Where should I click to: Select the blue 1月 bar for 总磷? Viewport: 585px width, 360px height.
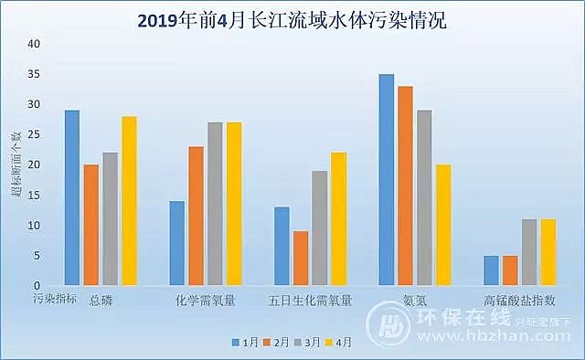(72, 197)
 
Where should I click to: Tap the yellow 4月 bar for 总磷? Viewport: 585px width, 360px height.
(129, 201)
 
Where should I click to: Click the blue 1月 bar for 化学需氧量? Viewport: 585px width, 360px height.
(177, 243)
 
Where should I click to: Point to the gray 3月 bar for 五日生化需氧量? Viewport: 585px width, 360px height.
(320, 228)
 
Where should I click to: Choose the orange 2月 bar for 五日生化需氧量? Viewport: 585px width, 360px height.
(301, 258)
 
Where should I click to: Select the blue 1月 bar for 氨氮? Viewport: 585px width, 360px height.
(387, 179)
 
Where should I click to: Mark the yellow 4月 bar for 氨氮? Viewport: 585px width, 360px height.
(443, 225)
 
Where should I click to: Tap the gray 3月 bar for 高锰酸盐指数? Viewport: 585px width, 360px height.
(529, 252)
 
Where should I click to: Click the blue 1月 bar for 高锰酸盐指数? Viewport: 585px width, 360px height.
(492, 270)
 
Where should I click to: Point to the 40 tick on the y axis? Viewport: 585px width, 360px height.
(35, 44)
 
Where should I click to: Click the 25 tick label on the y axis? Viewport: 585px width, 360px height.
(35, 134)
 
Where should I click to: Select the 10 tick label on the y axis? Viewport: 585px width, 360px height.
(35, 225)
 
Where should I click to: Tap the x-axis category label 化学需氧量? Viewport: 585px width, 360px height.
(205, 300)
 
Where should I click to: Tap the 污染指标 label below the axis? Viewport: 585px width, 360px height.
(51, 298)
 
